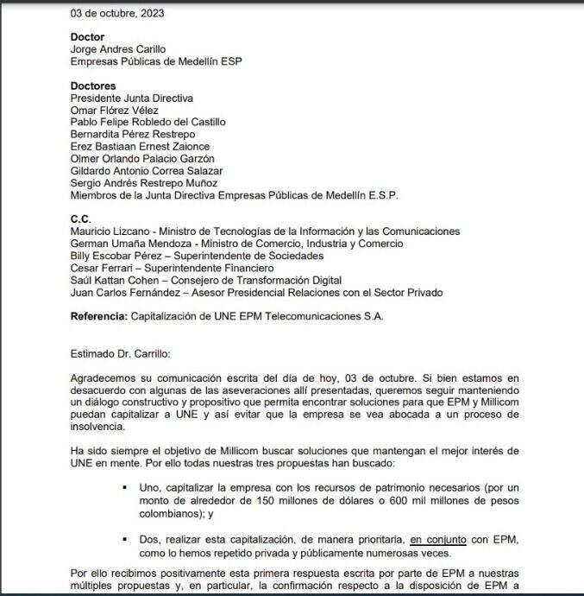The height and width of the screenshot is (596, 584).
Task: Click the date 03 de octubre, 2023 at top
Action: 117,13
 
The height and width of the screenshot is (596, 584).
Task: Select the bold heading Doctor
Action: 87,37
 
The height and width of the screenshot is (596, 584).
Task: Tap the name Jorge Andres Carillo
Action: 118,49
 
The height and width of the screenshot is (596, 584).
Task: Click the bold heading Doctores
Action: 93,86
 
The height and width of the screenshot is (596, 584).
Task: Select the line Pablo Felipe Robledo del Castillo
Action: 148,123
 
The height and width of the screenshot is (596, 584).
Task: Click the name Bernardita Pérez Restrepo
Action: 133,135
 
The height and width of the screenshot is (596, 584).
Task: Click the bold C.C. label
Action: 80,219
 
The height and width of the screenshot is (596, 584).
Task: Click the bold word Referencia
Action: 99,317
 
